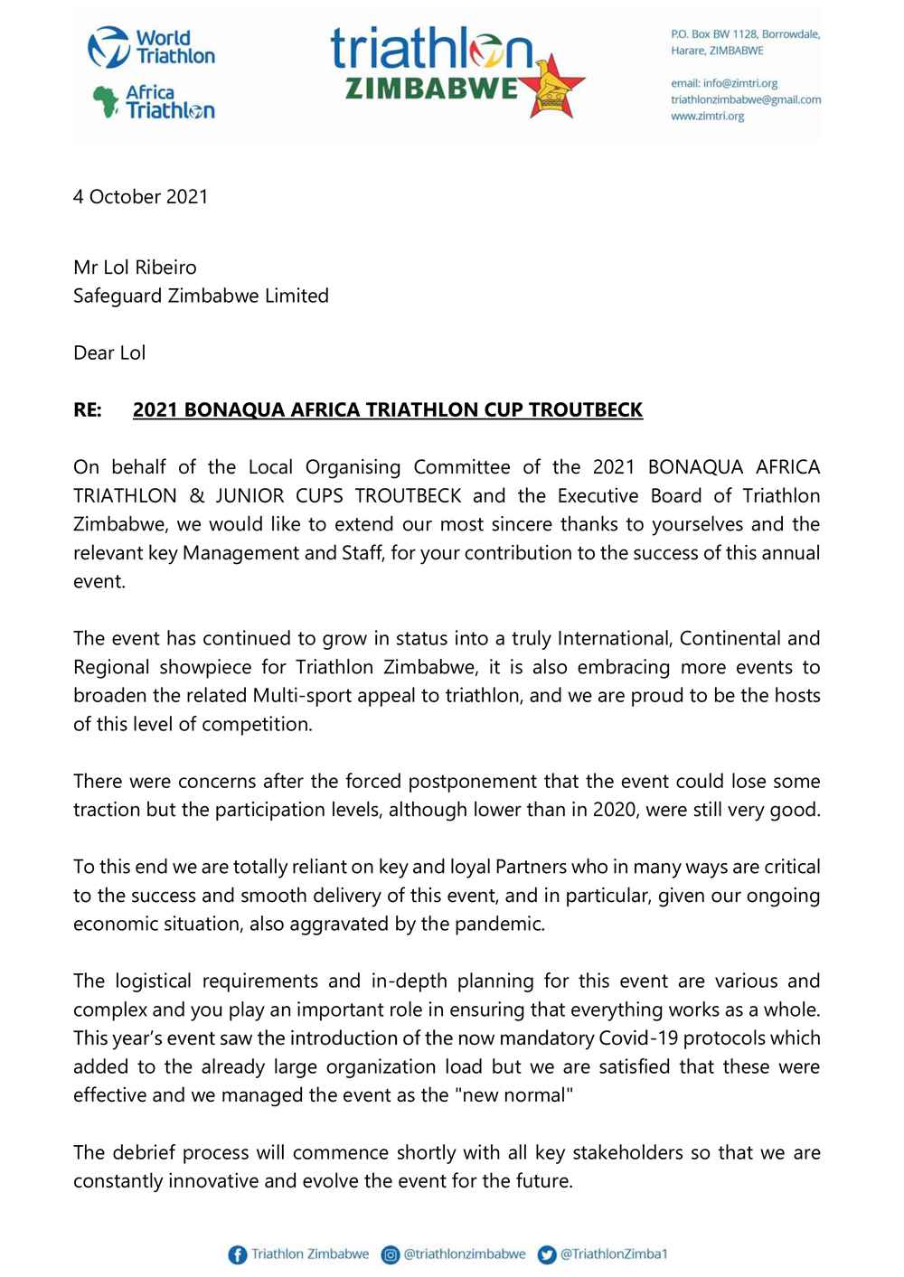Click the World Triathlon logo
(x=151, y=47)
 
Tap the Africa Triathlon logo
(x=154, y=101)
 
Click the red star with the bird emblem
(x=552, y=84)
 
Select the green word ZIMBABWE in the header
(x=432, y=89)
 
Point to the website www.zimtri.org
(x=707, y=116)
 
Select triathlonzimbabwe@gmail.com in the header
(x=745, y=99)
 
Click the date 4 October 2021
(x=140, y=197)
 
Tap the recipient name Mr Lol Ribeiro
(x=135, y=268)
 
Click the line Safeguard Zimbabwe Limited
(x=201, y=296)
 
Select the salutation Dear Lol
(x=109, y=352)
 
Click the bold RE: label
(x=88, y=409)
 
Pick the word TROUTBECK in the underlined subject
(x=586, y=409)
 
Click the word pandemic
(x=507, y=924)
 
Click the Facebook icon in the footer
(x=237, y=1254)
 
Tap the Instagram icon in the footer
(x=391, y=1254)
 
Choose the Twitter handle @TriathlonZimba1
(x=614, y=1254)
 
